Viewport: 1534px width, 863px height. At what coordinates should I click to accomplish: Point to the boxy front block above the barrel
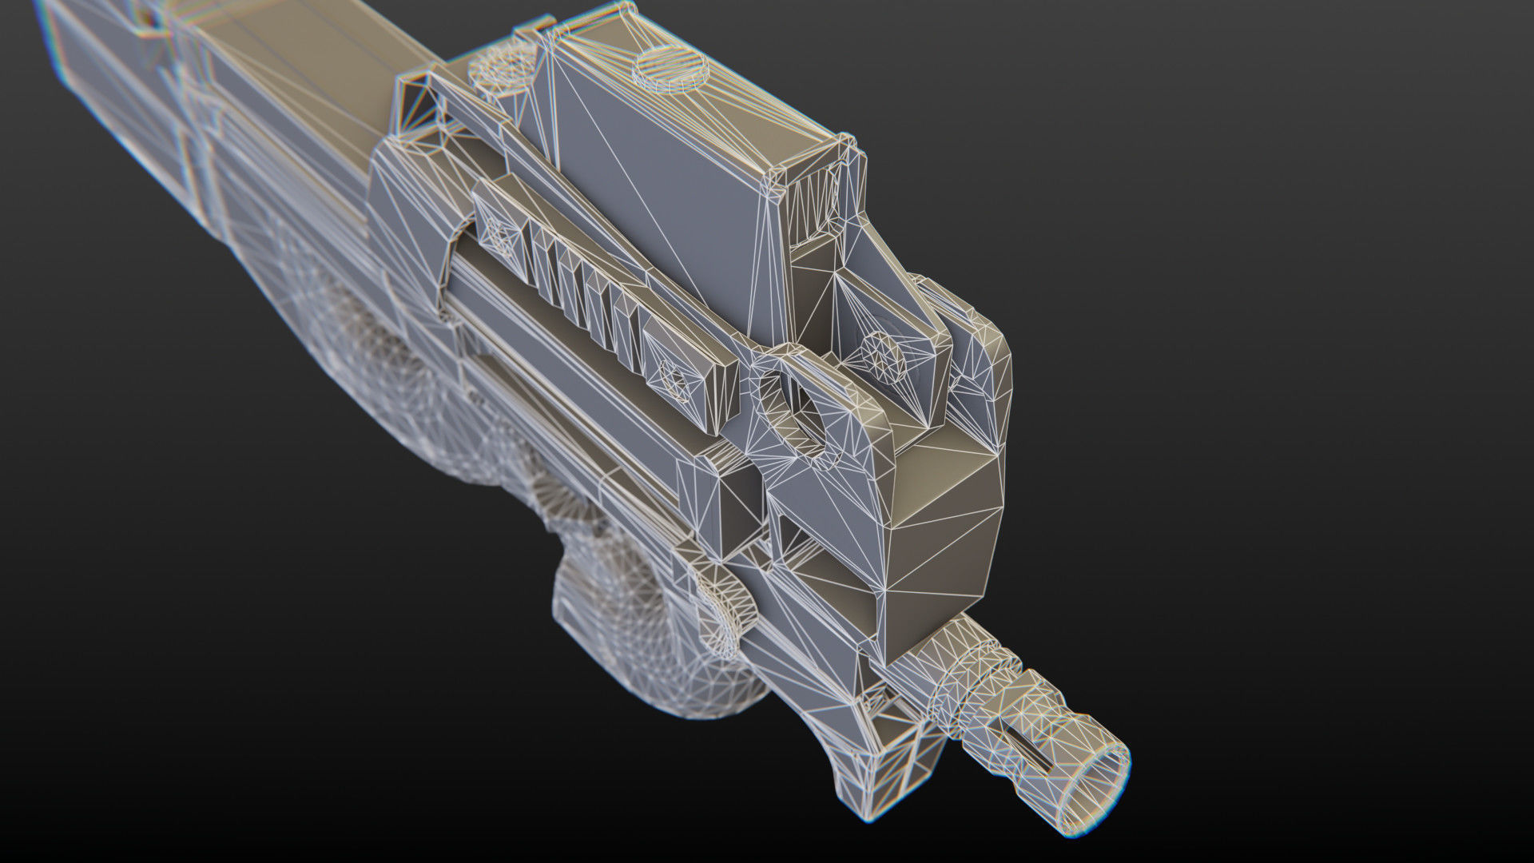click(x=943, y=511)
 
